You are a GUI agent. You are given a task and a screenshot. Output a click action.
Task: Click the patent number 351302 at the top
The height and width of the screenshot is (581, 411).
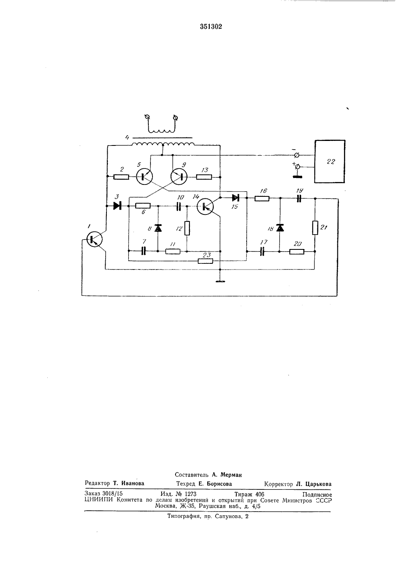pos(211,27)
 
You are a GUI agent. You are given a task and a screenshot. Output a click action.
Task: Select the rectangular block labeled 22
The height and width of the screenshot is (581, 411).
pos(330,161)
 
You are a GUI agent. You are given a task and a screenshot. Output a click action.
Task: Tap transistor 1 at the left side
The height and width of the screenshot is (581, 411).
pos(94,239)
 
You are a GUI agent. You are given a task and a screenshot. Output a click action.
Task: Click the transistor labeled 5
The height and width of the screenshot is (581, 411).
pos(144,177)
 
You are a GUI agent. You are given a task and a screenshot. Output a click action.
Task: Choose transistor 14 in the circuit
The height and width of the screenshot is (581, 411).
pos(205,206)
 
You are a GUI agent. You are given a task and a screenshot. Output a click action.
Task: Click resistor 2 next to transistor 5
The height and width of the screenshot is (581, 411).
pos(121,177)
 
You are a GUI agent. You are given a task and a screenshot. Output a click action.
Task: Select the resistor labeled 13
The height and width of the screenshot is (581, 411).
pos(204,177)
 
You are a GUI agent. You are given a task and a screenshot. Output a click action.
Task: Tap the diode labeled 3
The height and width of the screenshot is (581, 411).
pos(118,206)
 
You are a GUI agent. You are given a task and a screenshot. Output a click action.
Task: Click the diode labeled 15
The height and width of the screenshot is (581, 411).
pos(236,198)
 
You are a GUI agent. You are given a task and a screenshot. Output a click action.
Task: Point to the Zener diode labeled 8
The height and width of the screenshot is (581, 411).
pos(158,228)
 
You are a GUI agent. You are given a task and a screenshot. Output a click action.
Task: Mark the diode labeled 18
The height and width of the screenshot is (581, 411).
pos(279,228)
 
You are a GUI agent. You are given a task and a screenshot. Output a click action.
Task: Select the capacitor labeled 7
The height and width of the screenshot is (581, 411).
pos(143,251)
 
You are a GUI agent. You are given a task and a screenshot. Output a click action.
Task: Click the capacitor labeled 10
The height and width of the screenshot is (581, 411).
pos(178,206)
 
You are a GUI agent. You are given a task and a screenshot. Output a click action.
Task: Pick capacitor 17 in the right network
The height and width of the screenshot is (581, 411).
pos(262,251)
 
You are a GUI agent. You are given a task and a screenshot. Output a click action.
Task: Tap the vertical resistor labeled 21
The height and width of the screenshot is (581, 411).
pos(315,228)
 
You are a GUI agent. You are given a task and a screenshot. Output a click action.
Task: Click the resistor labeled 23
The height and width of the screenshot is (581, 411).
pos(205,261)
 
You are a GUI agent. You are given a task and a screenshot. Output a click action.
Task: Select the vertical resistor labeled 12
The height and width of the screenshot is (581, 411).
pos(187,228)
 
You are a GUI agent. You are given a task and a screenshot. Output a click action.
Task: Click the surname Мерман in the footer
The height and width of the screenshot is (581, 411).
pos(231,475)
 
